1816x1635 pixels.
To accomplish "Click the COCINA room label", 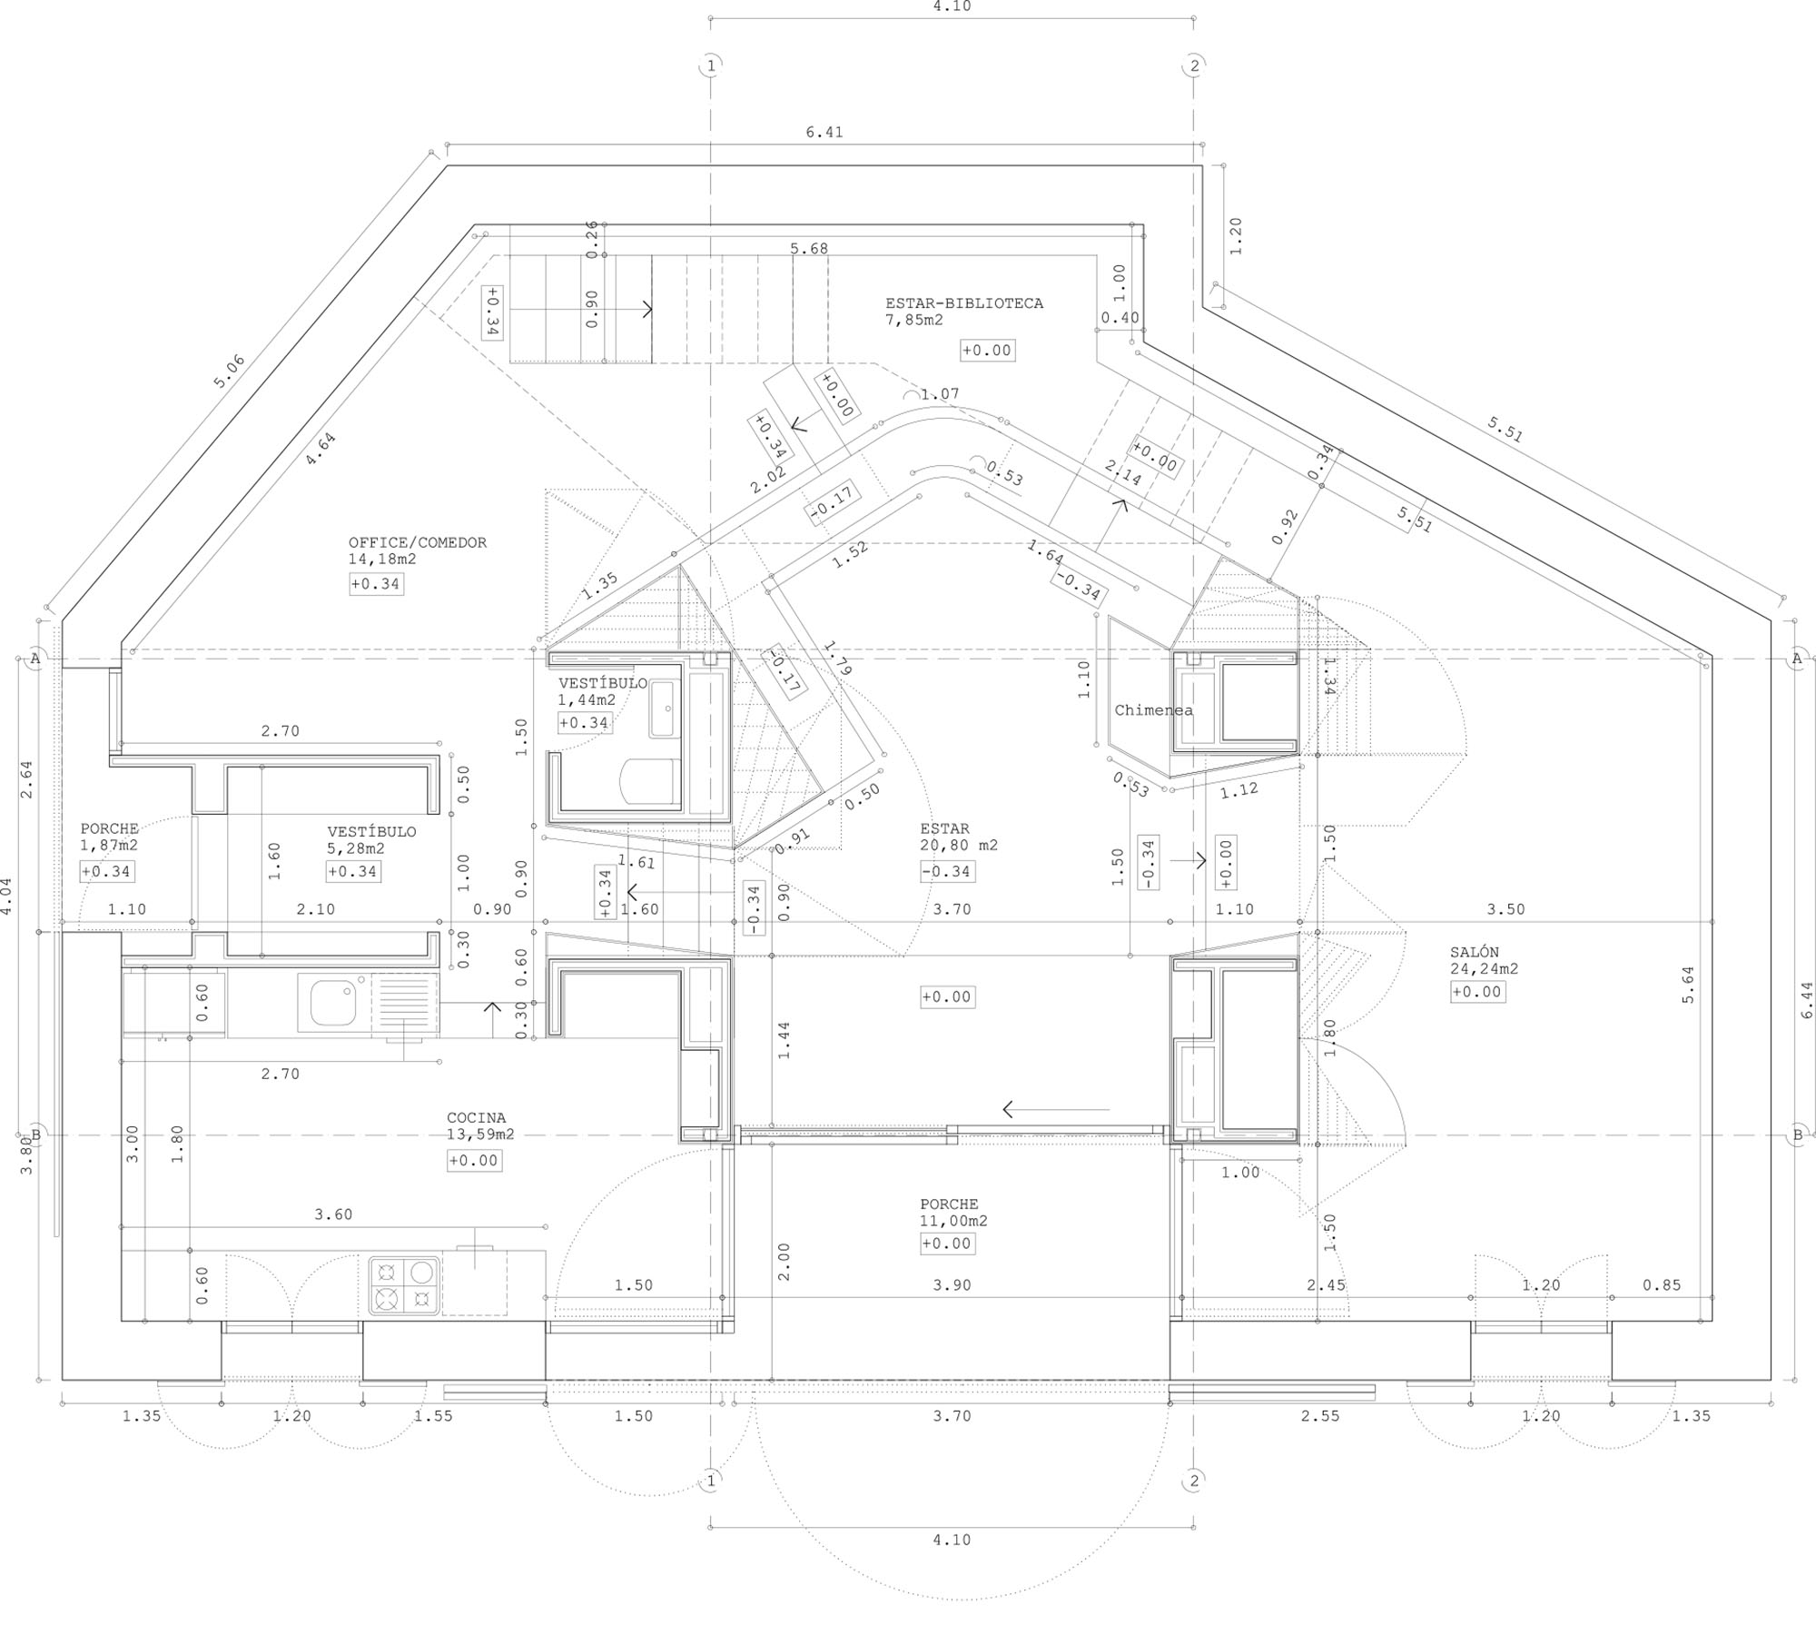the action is point(476,1118).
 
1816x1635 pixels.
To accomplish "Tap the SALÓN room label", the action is point(1475,952).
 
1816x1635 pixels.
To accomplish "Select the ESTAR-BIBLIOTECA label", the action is point(964,303).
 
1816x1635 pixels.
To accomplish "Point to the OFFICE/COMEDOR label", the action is point(418,542).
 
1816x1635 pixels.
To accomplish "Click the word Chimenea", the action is point(1154,710).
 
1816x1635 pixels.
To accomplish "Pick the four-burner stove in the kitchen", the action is point(404,1285).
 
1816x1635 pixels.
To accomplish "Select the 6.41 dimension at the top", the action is point(824,132).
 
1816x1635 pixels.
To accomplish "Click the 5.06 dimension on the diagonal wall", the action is point(230,372).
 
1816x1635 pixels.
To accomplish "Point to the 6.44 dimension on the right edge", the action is point(1806,999).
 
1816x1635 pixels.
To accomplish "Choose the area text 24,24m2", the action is point(1484,968).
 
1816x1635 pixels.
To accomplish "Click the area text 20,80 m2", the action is point(959,845).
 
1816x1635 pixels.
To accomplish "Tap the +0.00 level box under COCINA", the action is point(474,1160).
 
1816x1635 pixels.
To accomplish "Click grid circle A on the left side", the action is point(35,658).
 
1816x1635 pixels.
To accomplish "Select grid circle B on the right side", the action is point(1797,1135).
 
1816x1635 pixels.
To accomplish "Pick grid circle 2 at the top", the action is point(1194,65).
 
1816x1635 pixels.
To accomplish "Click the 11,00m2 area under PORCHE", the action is point(953,1221).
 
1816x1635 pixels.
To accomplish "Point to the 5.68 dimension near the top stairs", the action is point(809,248).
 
